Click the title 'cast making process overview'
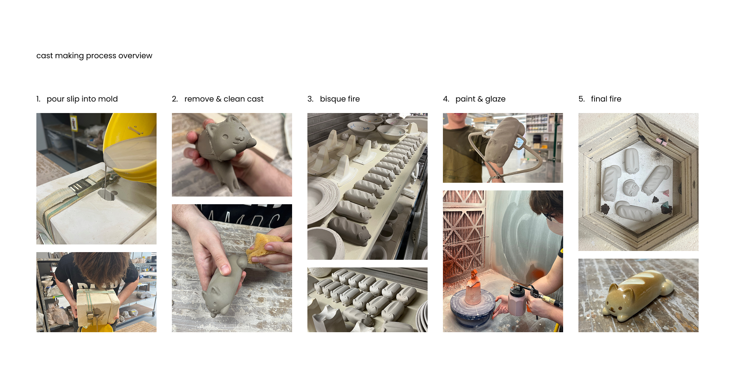(x=94, y=56)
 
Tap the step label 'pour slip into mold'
(x=82, y=99)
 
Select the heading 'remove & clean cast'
(x=224, y=99)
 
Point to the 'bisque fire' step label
(x=340, y=99)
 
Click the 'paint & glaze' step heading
(x=480, y=99)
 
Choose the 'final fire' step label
(x=606, y=99)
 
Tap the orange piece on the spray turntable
(x=474, y=288)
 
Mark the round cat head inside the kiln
(x=631, y=188)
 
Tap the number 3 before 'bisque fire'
(x=310, y=99)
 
